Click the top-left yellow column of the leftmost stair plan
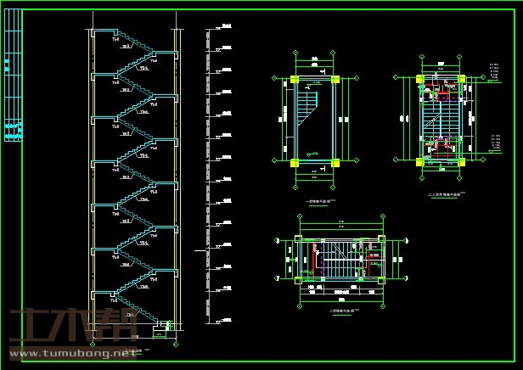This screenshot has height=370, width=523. [295, 80]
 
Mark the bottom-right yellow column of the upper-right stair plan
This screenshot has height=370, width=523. [461, 160]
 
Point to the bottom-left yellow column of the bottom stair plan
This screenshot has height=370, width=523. [298, 279]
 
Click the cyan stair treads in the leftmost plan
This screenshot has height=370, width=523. [306, 108]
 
